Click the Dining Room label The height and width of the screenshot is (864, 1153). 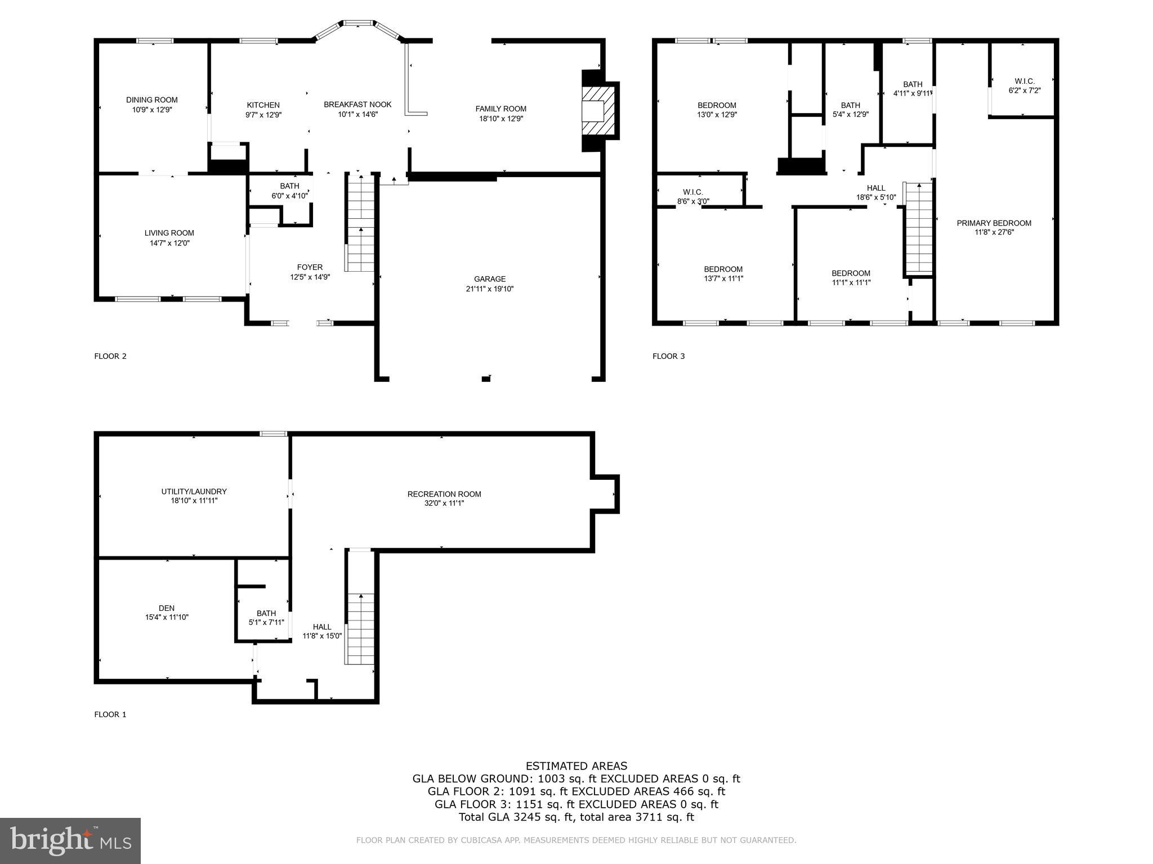click(151, 100)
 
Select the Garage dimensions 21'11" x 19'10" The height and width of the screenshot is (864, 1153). click(489, 289)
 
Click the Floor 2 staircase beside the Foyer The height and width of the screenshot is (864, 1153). click(360, 225)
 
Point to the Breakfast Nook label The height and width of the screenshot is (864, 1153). click(357, 105)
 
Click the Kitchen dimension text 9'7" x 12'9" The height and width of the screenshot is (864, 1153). click(263, 115)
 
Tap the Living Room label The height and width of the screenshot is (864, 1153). click(169, 233)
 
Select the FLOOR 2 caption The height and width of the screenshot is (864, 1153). click(110, 356)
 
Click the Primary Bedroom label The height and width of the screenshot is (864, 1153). click(994, 223)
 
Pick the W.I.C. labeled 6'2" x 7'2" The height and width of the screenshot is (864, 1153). click(1024, 85)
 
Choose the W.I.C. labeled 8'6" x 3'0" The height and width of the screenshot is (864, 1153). click(692, 196)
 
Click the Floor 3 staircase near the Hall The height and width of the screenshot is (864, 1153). click(919, 228)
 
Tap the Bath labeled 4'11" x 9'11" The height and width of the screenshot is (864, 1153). click(912, 89)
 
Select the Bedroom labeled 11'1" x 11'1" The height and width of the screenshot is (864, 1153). click(851, 278)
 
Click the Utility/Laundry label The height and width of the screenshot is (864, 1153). click(194, 492)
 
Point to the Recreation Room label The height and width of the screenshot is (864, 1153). click(444, 494)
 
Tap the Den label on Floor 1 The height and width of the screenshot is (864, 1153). click(167, 608)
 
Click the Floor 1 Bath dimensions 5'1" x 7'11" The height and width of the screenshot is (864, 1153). click(266, 623)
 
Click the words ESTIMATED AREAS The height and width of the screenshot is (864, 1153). click(576, 766)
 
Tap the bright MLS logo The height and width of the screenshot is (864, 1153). click(70, 840)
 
